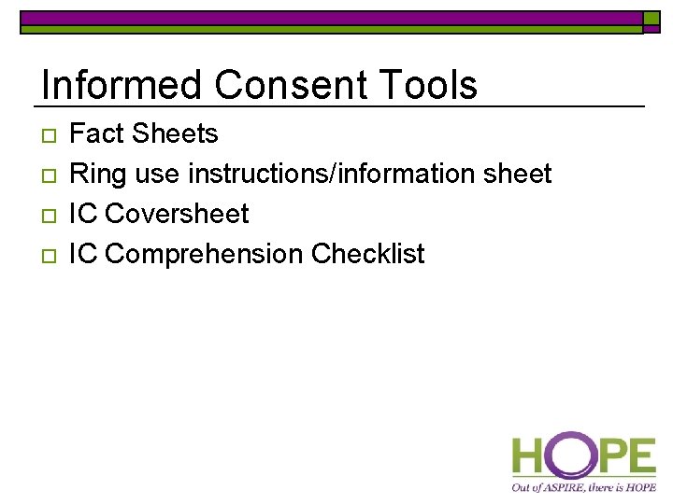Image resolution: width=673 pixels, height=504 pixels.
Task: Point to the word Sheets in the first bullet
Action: click(175, 134)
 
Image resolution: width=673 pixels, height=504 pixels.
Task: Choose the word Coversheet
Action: click(177, 215)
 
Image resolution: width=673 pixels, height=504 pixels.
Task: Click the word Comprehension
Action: click(205, 255)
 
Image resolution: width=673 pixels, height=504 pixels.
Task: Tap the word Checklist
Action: click(368, 255)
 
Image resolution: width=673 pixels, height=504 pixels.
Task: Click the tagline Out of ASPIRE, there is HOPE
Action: click(583, 486)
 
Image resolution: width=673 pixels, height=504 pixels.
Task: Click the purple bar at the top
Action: click(331, 17)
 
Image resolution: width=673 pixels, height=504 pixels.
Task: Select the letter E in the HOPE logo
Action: click(641, 457)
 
